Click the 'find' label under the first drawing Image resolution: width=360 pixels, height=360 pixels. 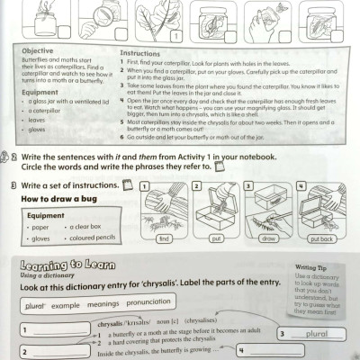coord(164,239)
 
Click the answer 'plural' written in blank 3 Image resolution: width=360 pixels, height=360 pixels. coord(316,333)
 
